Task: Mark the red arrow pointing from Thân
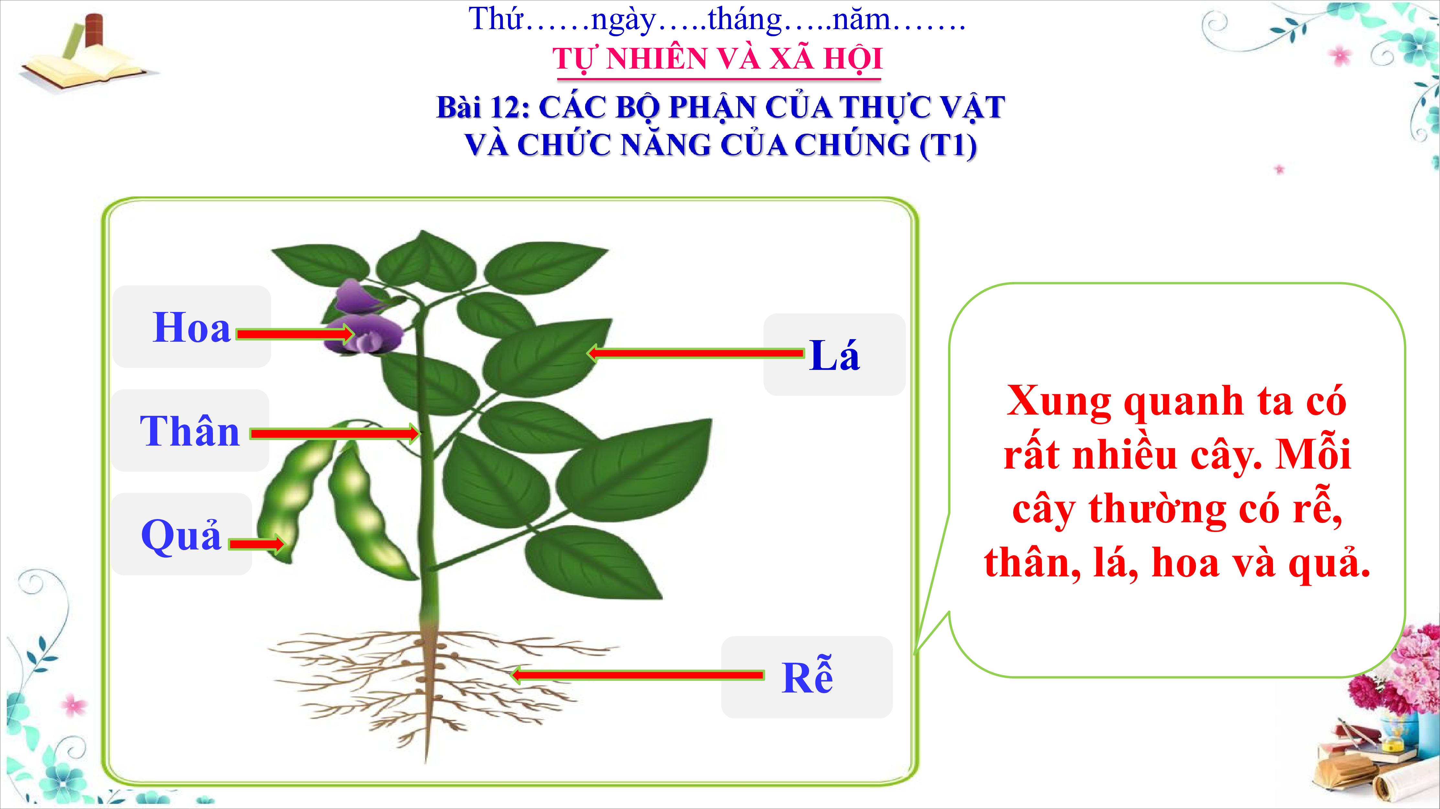point(334,433)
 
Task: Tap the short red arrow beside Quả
point(257,544)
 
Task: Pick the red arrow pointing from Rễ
point(637,675)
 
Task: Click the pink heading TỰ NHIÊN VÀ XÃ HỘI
point(717,59)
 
